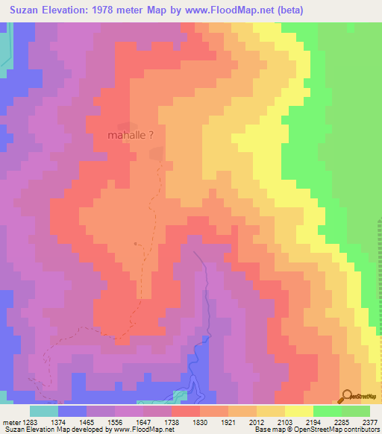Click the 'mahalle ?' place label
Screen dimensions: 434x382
click(x=131, y=136)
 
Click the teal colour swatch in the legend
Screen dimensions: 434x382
click(x=44, y=411)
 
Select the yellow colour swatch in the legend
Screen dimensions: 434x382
click(x=298, y=411)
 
